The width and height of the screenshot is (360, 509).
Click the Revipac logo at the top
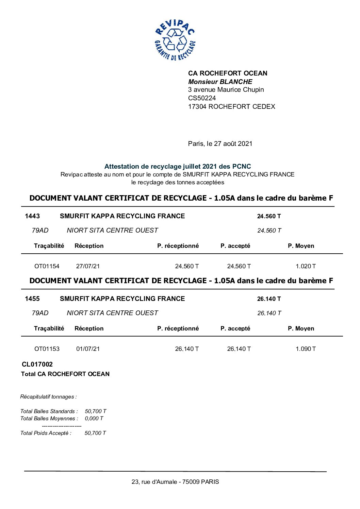click(175, 40)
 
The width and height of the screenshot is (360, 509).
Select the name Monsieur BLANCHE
click(220, 82)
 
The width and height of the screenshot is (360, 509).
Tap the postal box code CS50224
click(202, 98)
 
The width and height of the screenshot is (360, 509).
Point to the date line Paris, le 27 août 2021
click(220, 143)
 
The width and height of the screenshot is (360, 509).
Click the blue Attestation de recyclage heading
click(178, 166)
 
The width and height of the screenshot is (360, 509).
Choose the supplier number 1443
click(32, 216)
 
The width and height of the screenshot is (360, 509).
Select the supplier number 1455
click(32, 299)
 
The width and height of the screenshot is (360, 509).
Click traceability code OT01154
click(47, 266)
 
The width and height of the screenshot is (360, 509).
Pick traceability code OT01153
click(47, 349)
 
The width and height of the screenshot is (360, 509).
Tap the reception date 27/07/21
click(88, 266)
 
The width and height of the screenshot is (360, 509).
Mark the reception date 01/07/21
click(88, 349)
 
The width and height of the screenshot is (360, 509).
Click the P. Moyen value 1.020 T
click(306, 266)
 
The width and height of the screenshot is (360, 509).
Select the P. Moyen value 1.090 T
click(306, 349)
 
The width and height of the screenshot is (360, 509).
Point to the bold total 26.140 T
click(269, 299)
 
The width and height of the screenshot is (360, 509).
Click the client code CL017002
click(37, 364)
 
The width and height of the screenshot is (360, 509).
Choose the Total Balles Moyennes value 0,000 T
click(94, 419)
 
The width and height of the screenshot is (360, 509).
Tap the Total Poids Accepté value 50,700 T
click(95, 433)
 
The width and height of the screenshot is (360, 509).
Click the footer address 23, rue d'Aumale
click(175, 482)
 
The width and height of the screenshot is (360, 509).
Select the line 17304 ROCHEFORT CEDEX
click(231, 106)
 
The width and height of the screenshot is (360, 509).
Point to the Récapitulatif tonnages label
click(48, 397)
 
